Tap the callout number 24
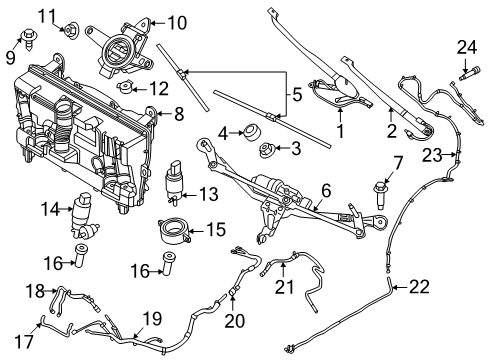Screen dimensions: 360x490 tap(463, 46)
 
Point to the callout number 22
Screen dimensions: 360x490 tap(418, 288)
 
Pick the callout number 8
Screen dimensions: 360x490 tap(178, 114)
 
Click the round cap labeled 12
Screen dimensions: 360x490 tap(126, 90)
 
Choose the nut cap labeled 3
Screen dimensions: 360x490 tap(267, 152)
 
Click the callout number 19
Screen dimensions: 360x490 tap(150, 318)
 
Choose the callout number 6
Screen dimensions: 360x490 tap(325, 189)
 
